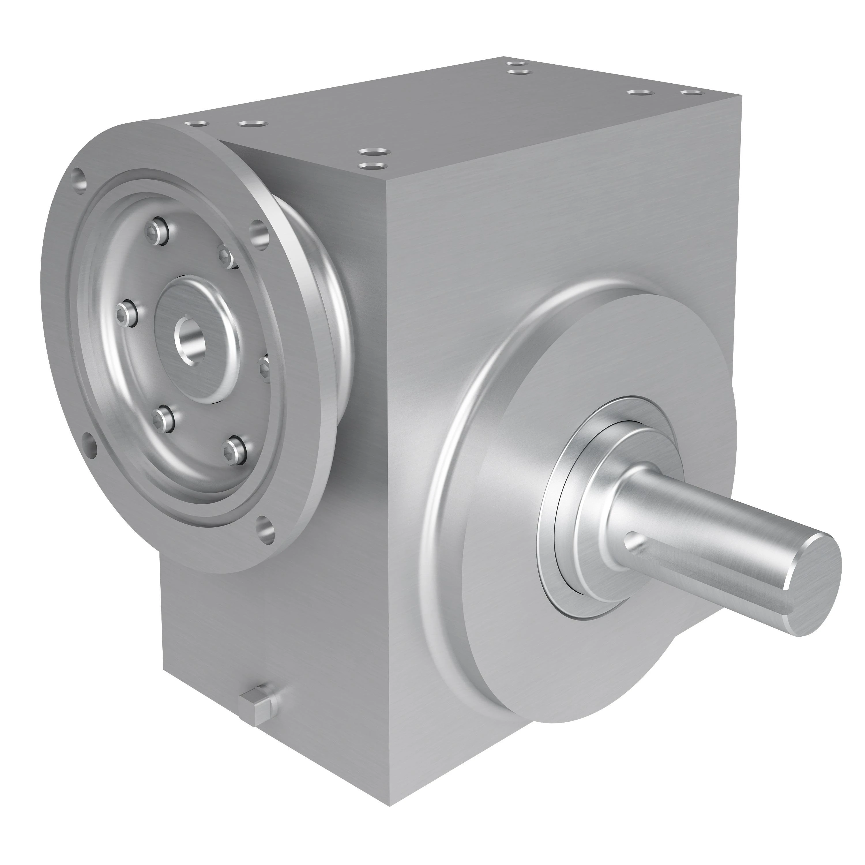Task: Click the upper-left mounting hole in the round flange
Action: pos(80,182)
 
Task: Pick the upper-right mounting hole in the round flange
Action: pos(259,233)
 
